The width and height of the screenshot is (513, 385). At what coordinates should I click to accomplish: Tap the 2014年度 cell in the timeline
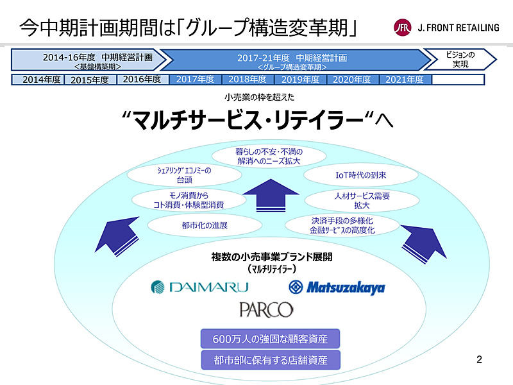coord(41,80)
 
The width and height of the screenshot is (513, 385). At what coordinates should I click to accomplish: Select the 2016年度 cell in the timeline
coord(142,80)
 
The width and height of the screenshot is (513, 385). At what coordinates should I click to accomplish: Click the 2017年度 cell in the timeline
coord(195,80)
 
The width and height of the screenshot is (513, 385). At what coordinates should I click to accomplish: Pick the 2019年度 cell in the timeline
coord(300,80)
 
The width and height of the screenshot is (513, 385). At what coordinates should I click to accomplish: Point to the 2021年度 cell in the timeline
coord(405,80)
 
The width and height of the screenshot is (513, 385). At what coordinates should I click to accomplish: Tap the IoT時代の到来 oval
coord(351,175)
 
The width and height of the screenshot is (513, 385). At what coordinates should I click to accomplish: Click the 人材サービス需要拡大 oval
coord(352,200)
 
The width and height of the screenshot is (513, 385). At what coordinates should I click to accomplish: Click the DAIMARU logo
coord(199,286)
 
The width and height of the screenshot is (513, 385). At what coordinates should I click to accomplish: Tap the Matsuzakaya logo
coord(337,287)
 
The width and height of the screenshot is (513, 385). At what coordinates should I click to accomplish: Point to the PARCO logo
coord(266,310)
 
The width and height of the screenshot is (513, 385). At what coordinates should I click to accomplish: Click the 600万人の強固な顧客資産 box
coord(270,339)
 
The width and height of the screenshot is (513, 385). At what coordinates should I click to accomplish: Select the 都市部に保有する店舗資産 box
coord(270,360)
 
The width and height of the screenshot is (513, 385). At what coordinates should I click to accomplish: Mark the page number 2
coord(479,360)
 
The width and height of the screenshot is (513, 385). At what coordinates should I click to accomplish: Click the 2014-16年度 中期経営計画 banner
coord(90,60)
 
